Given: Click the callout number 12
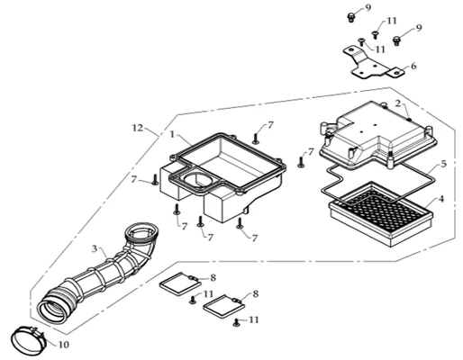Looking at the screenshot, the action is point(138,128).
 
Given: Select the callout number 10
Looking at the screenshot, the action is point(63,345).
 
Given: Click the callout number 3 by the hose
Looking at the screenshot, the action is point(95,248).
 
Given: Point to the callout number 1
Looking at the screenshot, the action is point(172,134).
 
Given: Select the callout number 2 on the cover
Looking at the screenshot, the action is point(398,103).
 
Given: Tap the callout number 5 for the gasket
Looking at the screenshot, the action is point(443,164).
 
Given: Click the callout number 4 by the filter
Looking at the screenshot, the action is point(441,199).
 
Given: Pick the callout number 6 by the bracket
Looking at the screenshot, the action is point(413,66).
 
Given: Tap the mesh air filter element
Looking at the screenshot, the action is point(381,213).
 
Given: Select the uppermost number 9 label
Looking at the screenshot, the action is point(368,8).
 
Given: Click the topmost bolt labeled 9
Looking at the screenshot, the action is point(350,17).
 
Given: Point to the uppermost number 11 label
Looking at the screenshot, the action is point(392,21).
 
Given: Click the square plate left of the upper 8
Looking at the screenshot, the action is point(177,283).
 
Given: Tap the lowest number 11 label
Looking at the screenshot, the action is point(254,319).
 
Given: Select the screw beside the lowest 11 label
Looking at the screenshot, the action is point(237,323).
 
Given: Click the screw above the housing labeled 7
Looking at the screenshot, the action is point(256,139).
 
